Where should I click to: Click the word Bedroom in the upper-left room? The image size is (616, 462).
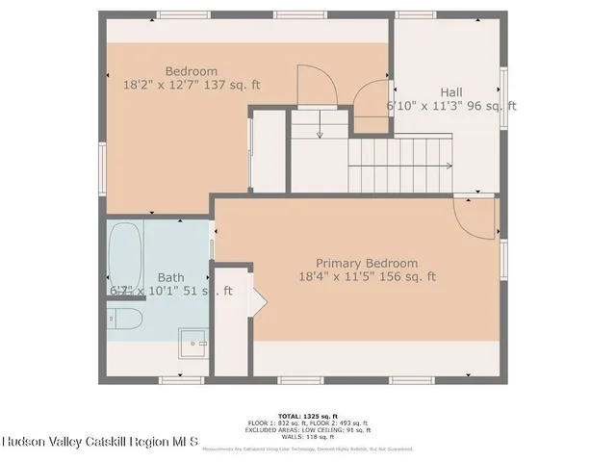pyautogui.click(x=191, y=71)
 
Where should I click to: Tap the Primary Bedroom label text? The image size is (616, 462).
pyautogui.click(x=367, y=263)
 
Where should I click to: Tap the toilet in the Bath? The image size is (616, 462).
pyautogui.click(x=124, y=319)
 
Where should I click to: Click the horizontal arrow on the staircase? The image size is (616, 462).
pyautogui.click(x=399, y=167)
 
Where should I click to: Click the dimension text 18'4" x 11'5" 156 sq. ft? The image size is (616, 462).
pyautogui.click(x=367, y=277)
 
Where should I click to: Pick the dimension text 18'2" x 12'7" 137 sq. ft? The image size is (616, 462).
pyautogui.click(x=191, y=86)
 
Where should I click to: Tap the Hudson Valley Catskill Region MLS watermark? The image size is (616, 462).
pyautogui.click(x=99, y=442)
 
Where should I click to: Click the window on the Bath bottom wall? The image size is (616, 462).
pyautogui.click(x=183, y=380)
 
